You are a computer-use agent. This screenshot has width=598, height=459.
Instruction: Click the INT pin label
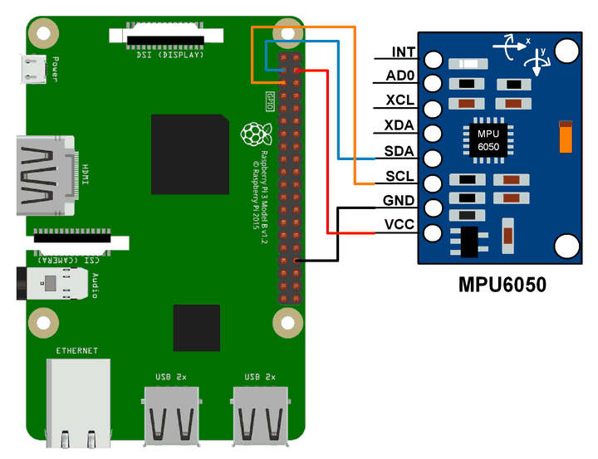coord(404,52)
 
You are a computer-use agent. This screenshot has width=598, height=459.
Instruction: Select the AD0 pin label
coord(403,77)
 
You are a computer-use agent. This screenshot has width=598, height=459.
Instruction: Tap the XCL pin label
coord(402,101)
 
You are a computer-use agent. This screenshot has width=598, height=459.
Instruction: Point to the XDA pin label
coord(402,126)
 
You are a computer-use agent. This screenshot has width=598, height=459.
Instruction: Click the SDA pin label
coord(402,151)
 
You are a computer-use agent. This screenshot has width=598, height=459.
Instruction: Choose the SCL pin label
coord(402,176)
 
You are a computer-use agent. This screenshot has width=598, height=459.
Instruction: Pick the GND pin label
coord(399,201)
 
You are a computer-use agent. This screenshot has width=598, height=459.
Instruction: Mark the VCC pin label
coord(400,225)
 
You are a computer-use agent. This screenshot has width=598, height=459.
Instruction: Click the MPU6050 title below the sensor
coord(502,285)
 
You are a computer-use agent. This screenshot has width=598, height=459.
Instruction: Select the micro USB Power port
coord(34,69)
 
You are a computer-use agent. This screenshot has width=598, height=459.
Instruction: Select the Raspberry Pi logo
coord(252,134)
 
